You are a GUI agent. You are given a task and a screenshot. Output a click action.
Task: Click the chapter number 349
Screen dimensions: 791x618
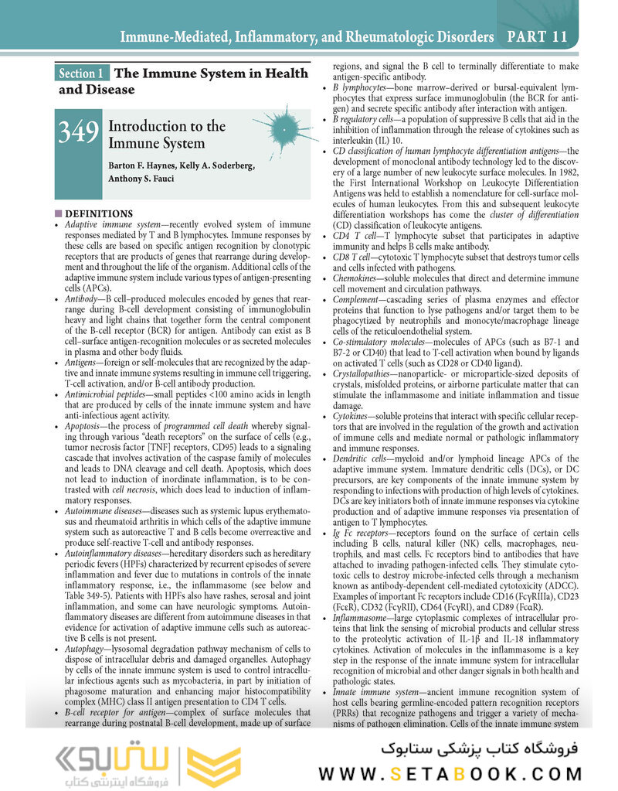pos(78,132)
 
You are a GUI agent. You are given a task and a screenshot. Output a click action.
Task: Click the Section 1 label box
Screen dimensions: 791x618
pos(82,74)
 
